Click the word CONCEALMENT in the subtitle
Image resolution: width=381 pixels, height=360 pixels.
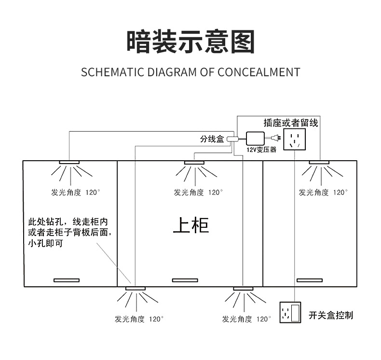coord(259,72)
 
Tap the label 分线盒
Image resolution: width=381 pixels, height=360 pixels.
coord(212,139)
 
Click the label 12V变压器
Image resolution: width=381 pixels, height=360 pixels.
coord(261,150)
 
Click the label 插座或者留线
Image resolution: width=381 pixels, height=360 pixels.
coord(291,123)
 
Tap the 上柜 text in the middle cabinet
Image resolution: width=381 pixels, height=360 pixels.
coord(191,225)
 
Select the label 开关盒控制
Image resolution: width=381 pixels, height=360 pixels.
coord(331,315)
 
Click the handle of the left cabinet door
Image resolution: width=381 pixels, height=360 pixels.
coord(66,280)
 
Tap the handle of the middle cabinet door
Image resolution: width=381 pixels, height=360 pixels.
coord(185,280)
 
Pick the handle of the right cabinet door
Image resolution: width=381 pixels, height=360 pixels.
coord(309,280)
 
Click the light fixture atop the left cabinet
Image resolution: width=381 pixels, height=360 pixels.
coord(70,162)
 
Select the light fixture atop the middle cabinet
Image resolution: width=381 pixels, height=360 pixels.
coord(195,162)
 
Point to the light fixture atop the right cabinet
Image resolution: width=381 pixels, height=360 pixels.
coord(319,162)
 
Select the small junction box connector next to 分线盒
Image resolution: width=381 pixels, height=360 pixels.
coord(231,138)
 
